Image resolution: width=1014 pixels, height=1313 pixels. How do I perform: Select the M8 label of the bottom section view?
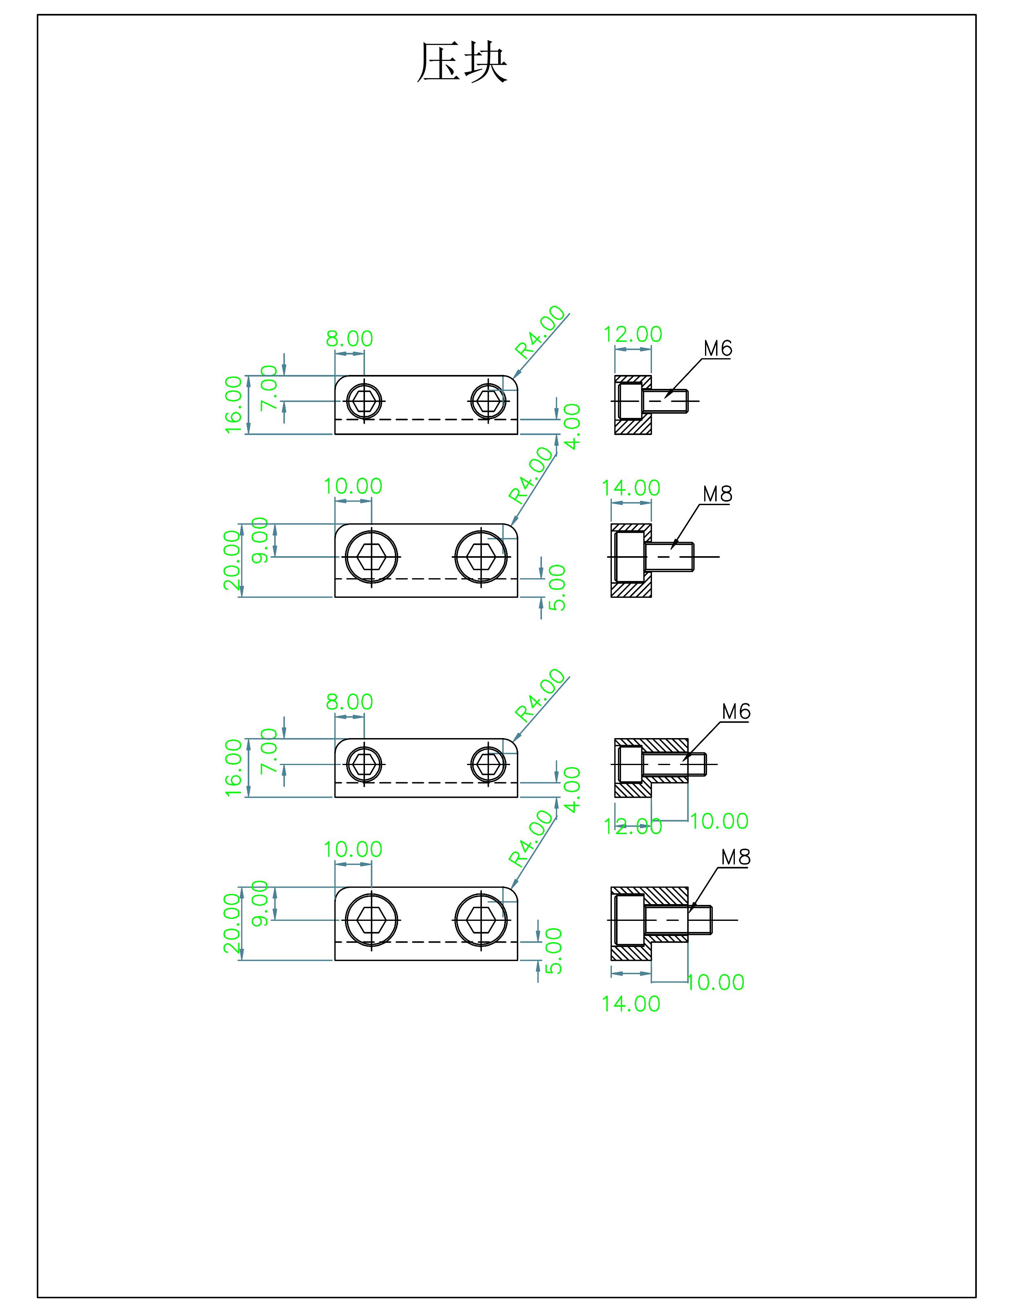(736, 857)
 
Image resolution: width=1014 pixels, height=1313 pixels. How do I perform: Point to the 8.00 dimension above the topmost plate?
(349, 339)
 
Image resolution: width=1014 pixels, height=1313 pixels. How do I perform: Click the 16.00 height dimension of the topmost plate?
(233, 404)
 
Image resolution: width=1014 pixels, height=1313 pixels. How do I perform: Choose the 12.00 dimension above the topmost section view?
(632, 334)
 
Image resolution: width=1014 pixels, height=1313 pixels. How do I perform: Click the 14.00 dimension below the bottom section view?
(631, 1003)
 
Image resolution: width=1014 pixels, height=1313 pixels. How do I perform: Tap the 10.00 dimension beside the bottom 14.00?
(715, 982)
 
